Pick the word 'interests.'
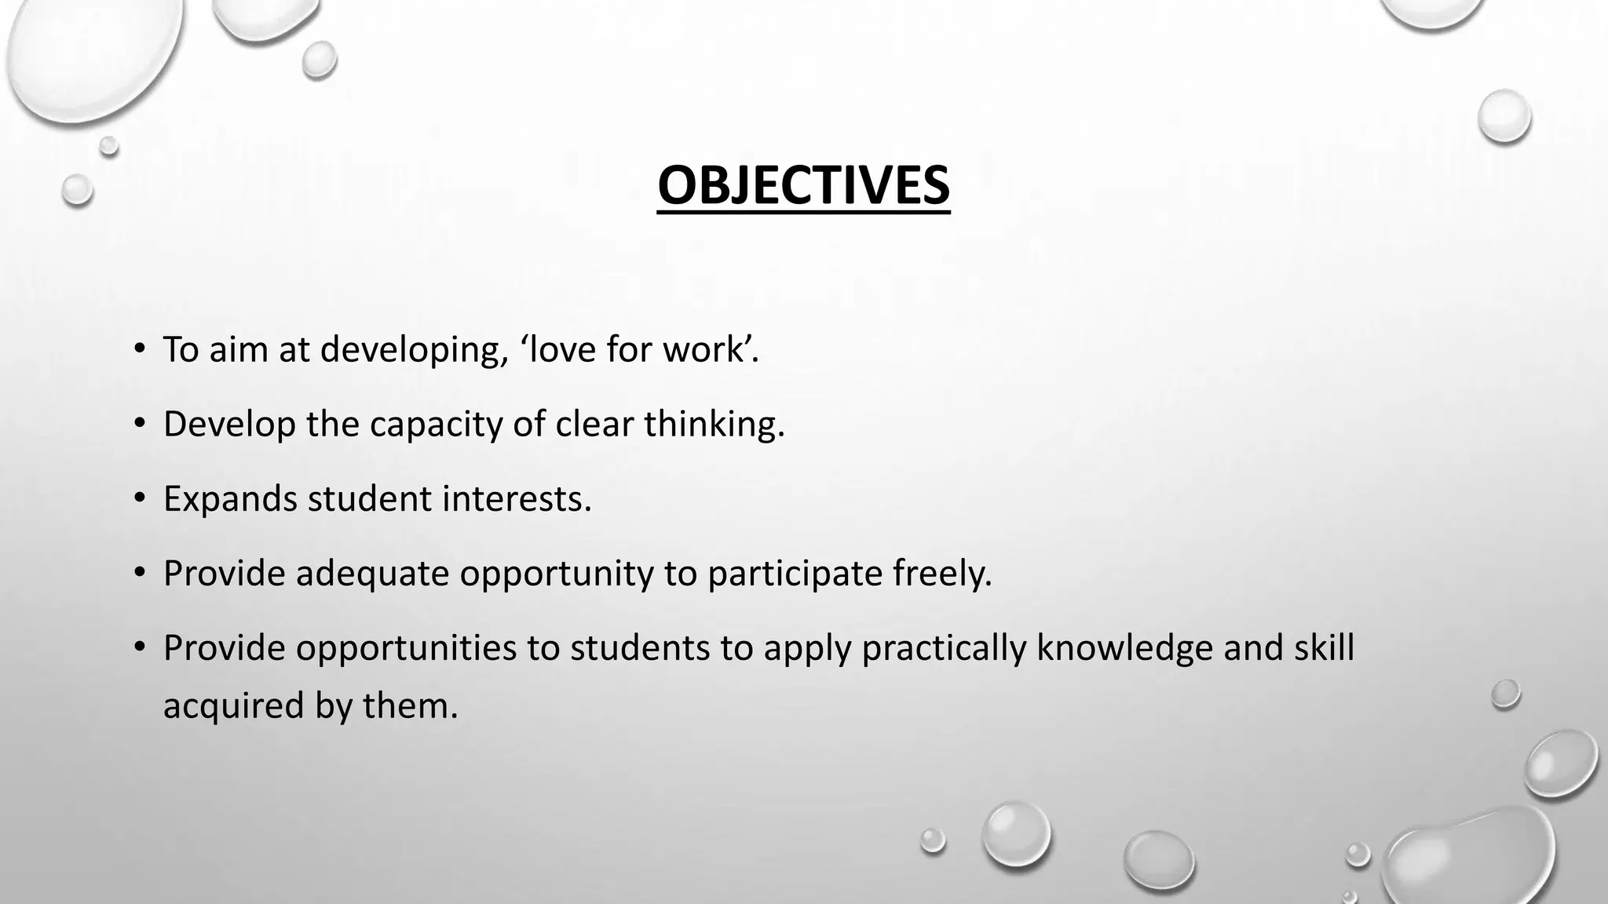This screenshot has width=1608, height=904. click(516, 499)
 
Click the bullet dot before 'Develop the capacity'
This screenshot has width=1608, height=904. click(140, 425)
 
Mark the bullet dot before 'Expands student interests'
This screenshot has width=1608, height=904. click(140, 499)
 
